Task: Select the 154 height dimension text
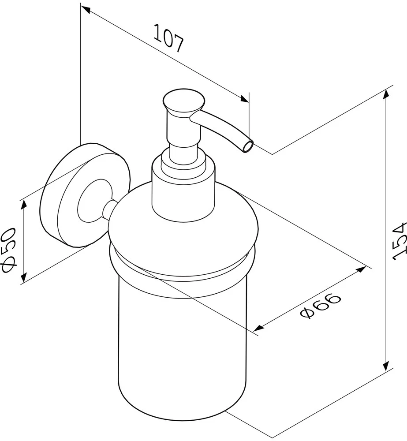point(400,241)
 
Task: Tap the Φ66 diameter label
point(321,305)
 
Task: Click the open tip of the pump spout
point(248,146)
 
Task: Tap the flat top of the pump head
point(184,98)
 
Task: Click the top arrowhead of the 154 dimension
point(386,94)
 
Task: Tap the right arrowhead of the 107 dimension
point(244,99)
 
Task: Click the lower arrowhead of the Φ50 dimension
point(24,277)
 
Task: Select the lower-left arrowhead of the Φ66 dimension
point(259,328)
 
